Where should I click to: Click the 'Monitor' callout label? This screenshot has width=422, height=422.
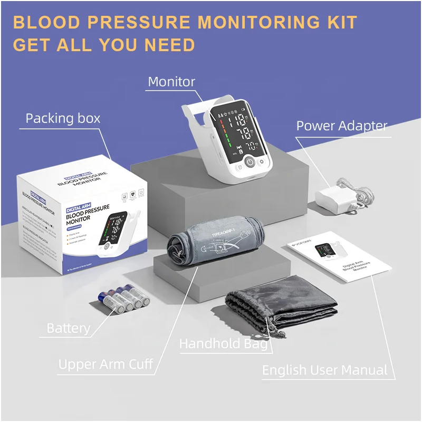click(x=171, y=82)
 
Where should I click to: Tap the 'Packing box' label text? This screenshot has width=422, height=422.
click(x=63, y=118)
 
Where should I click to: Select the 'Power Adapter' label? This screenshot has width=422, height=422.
click(x=341, y=126)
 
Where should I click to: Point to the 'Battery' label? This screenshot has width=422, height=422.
click(x=69, y=328)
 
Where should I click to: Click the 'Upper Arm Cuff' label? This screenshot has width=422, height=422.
click(x=105, y=364)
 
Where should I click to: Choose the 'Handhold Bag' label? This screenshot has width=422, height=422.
click(x=223, y=344)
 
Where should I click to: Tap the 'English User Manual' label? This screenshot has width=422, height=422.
click(x=324, y=370)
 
